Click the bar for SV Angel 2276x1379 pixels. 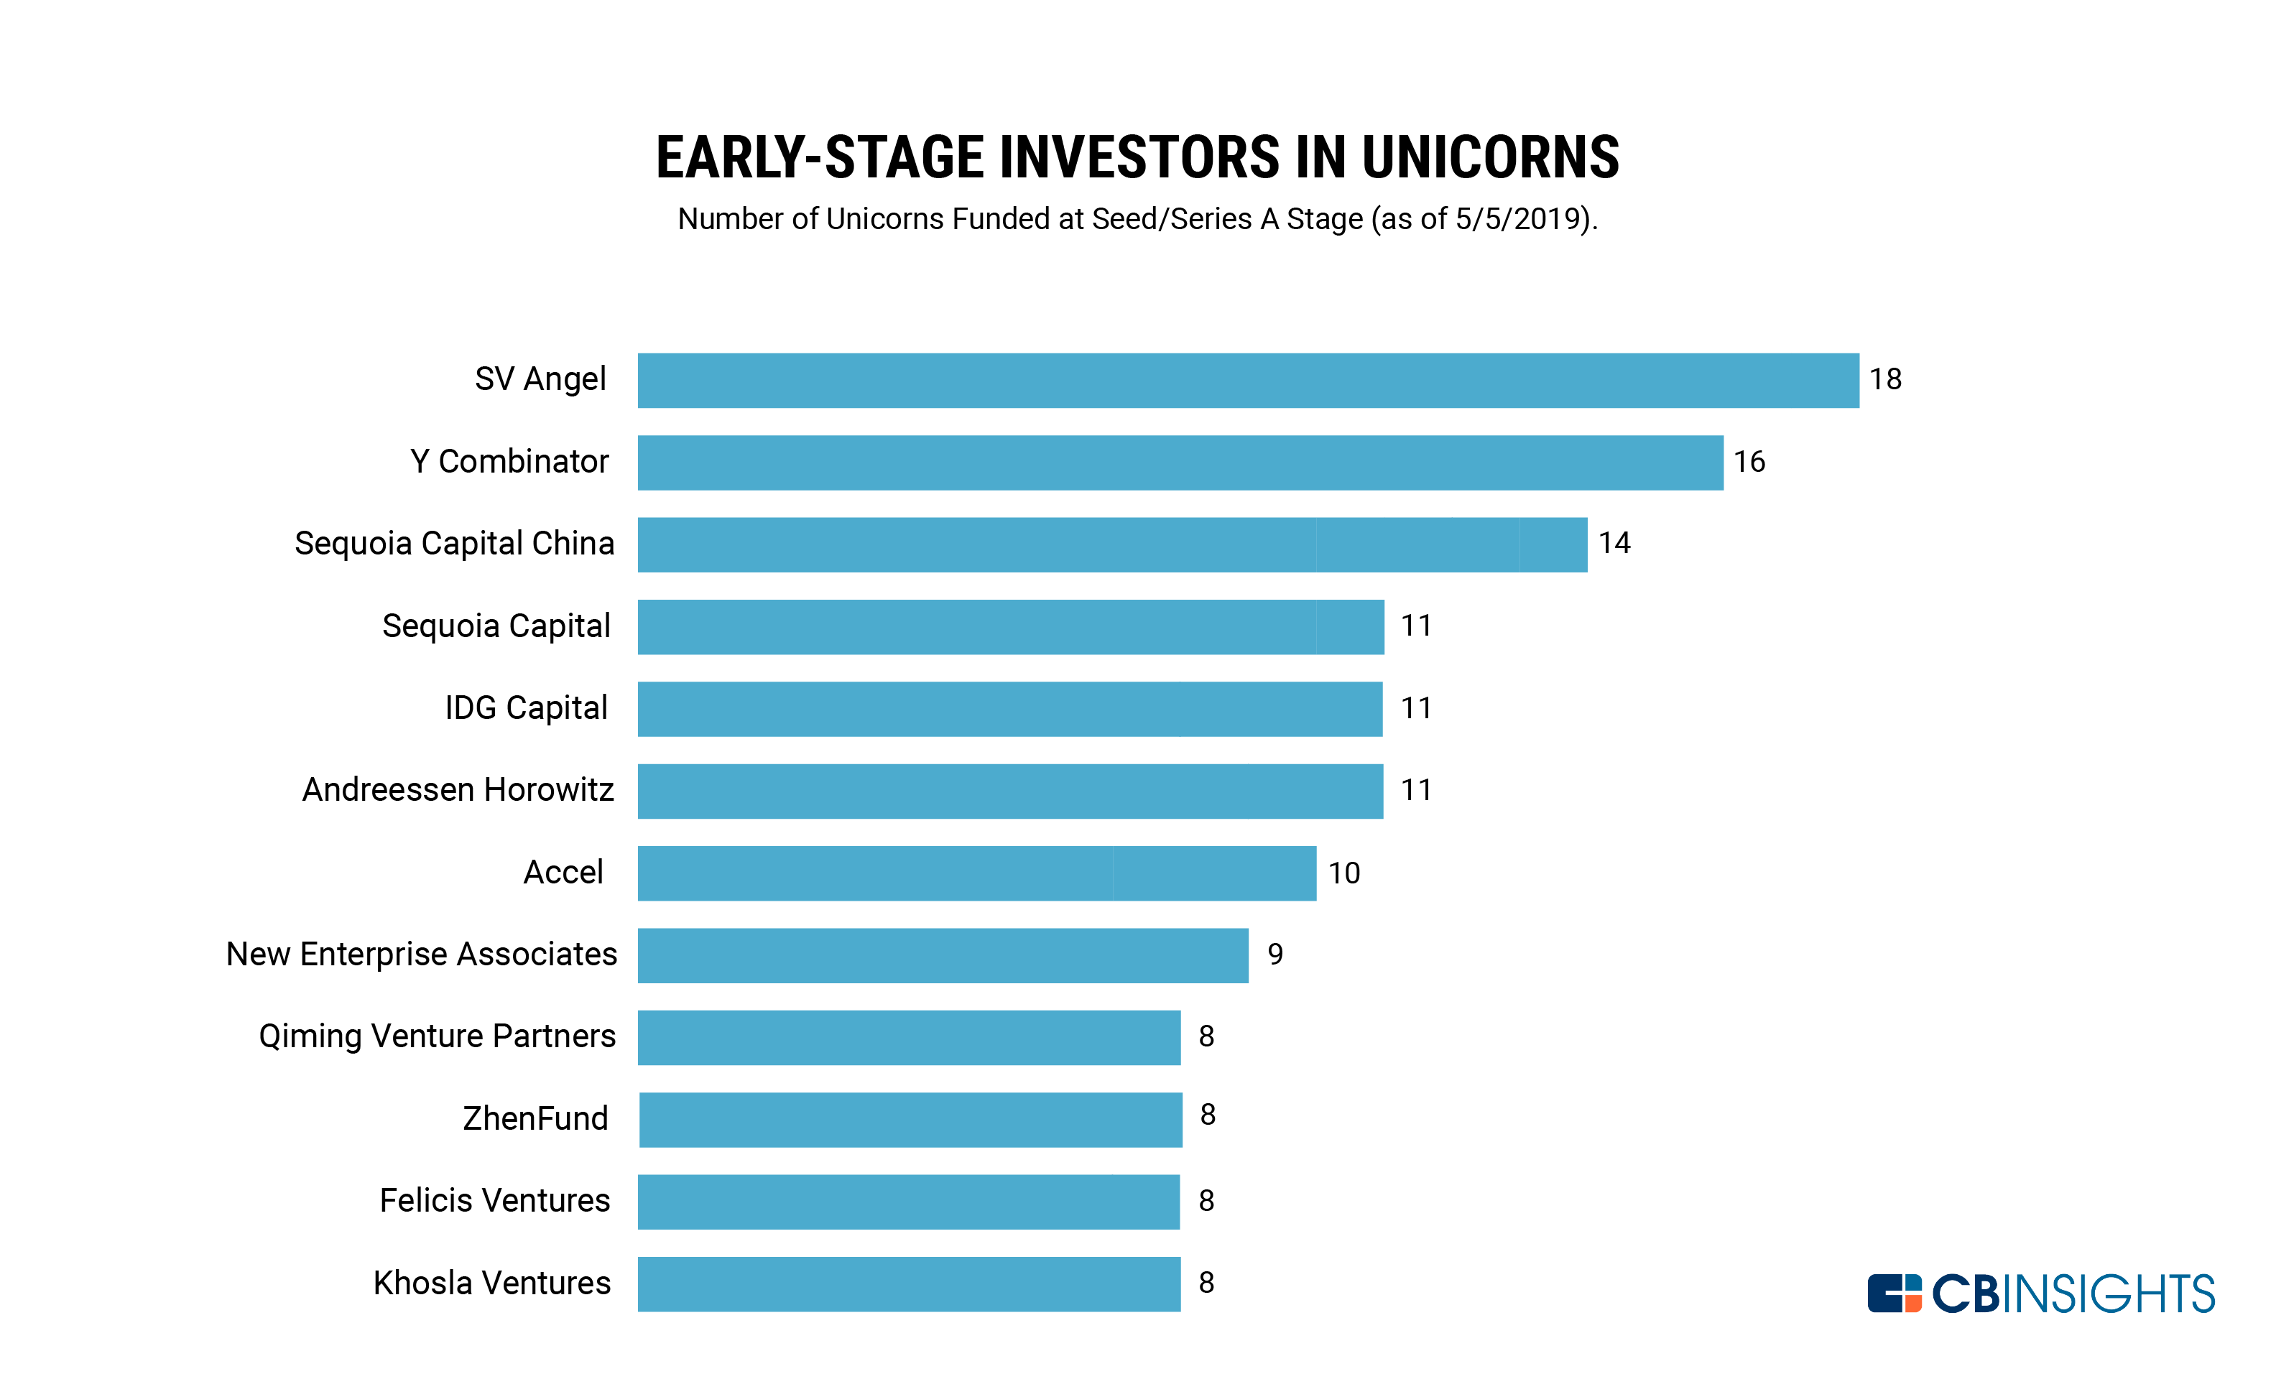(1248, 381)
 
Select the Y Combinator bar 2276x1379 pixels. (1180, 463)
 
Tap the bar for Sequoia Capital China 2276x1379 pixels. (1112, 545)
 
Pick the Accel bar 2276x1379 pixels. (976, 874)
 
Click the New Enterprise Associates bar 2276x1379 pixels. (943, 956)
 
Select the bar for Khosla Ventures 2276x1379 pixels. (909, 1285)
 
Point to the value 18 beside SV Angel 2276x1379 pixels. (1885, 380)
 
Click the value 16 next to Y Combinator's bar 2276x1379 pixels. (1749, 462)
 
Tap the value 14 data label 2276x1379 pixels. (1614, 543)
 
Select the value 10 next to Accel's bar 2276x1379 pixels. (1344, 874)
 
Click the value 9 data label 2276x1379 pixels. (1276, 954)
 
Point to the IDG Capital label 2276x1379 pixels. (527, 708)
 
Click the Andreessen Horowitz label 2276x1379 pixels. (458, 790)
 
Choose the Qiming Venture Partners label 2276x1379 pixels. (437, 1037)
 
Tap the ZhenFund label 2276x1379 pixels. (536, 1118)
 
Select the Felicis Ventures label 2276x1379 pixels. (495, 1201)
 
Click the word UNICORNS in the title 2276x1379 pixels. (1490, 157)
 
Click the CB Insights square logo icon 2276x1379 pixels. (1895, 1293)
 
